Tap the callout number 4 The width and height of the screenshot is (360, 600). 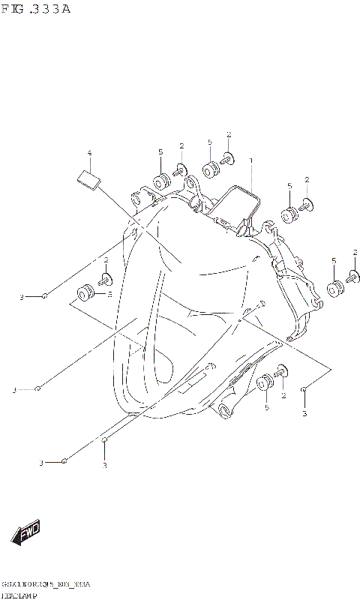click(x=89, y=154)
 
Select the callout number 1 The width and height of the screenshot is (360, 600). click(x=251, y=160)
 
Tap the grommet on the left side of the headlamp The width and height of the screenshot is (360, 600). click(x=85, y=292)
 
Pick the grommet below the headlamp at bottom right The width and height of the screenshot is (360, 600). click(x=265, y=384)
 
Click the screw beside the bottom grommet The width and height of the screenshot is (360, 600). click(x=282, y=371)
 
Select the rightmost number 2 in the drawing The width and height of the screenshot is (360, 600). click(x=355, y=252)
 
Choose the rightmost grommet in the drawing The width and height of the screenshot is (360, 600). click(x=334, y=289)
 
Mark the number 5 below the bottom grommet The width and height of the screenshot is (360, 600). click(x=266, y=408)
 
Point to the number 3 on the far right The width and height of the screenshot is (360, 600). click(x=304, y=413)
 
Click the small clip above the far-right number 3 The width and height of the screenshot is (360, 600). click(x=303, y=389)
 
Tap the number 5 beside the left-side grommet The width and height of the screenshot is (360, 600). click(x=109, y=295)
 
